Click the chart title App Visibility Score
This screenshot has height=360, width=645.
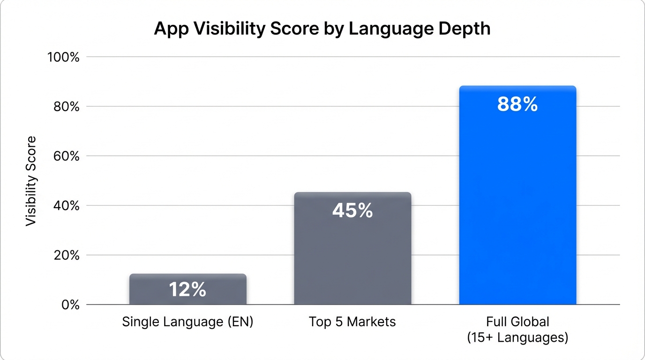(x=322, y=29)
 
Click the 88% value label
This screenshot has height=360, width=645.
(x=517, y=105)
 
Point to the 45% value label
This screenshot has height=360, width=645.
(x=352, y=211)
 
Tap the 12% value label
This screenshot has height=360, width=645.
(x=188, y=290)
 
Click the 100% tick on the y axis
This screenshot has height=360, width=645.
(x=64, y=57)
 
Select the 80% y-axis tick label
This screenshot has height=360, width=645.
(x=66, y=107)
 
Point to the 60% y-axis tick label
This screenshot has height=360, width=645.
(x=66, y=156)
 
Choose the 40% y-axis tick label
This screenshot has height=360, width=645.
(x=66, y=206)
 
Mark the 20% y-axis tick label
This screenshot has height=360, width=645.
(x=66, y=255)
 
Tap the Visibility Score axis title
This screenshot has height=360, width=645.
(x=31, y=181)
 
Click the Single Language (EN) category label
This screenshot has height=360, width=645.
(x=187, y=322)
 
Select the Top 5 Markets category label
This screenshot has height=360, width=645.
(x=352, y=322)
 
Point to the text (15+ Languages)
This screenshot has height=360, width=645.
(x=517, y=337)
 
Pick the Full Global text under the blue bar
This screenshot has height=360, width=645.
(x=517, y=322)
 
